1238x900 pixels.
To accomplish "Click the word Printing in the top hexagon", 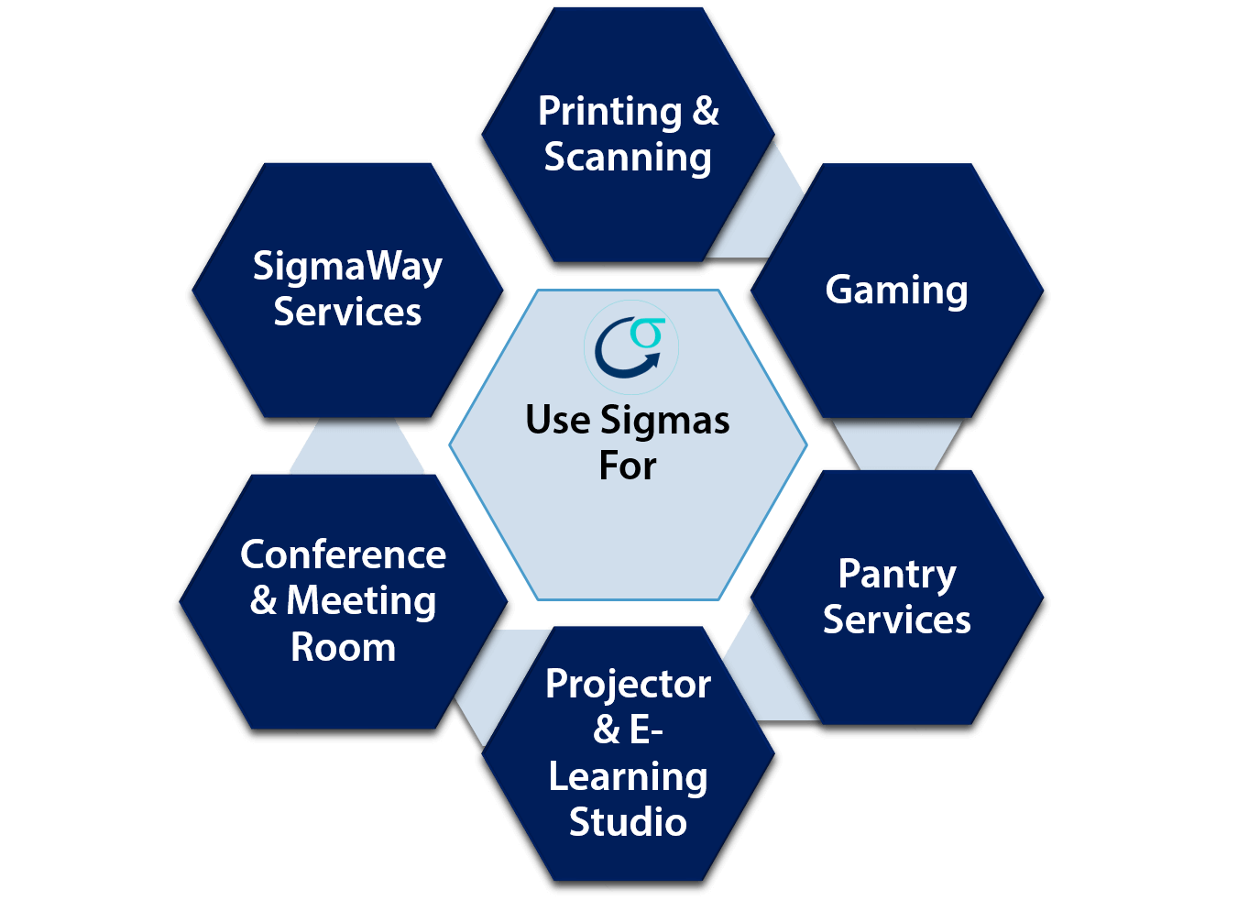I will point(609,112).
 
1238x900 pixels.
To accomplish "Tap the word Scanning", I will point(628,157).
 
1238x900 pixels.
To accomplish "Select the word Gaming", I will point(896,290).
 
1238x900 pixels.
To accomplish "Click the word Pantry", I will point(897,575).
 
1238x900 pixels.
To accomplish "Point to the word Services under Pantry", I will point(896,620).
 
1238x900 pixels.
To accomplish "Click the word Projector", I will point(628,684).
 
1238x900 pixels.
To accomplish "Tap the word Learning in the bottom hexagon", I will point(628,777).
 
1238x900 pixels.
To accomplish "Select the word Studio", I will point(628,821).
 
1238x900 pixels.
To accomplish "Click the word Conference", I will point(343,554).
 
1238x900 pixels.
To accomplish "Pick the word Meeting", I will point(361,601).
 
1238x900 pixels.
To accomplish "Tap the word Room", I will point(343,647).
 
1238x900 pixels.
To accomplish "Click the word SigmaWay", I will point(347,267).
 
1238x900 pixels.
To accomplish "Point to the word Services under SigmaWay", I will point(347,312).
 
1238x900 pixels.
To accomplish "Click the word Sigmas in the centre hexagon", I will point(665,421).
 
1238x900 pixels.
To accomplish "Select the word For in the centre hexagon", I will point(628,466).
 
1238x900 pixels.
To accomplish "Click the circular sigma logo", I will point(630,347).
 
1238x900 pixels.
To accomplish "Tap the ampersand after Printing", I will point(706,112).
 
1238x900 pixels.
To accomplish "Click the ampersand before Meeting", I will point(264,601).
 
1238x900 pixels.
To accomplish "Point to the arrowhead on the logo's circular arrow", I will point(652,359).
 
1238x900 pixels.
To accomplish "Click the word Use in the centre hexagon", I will point(558,421).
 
